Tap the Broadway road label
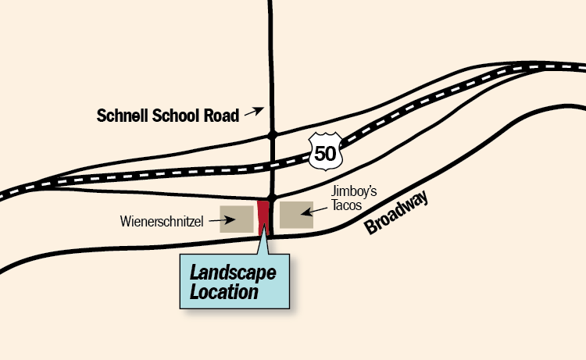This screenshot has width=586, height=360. (398, 214)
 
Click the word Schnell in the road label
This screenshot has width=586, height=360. (121, 116)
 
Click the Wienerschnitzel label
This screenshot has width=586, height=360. (163, 222)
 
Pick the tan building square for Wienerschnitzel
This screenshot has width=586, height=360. (236, 219)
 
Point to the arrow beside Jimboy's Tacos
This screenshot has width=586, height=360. (316, 209)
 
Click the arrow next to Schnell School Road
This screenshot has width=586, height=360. (255, 112)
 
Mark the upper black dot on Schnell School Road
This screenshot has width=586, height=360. (272, 135)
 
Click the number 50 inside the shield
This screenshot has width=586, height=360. (325, 151)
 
